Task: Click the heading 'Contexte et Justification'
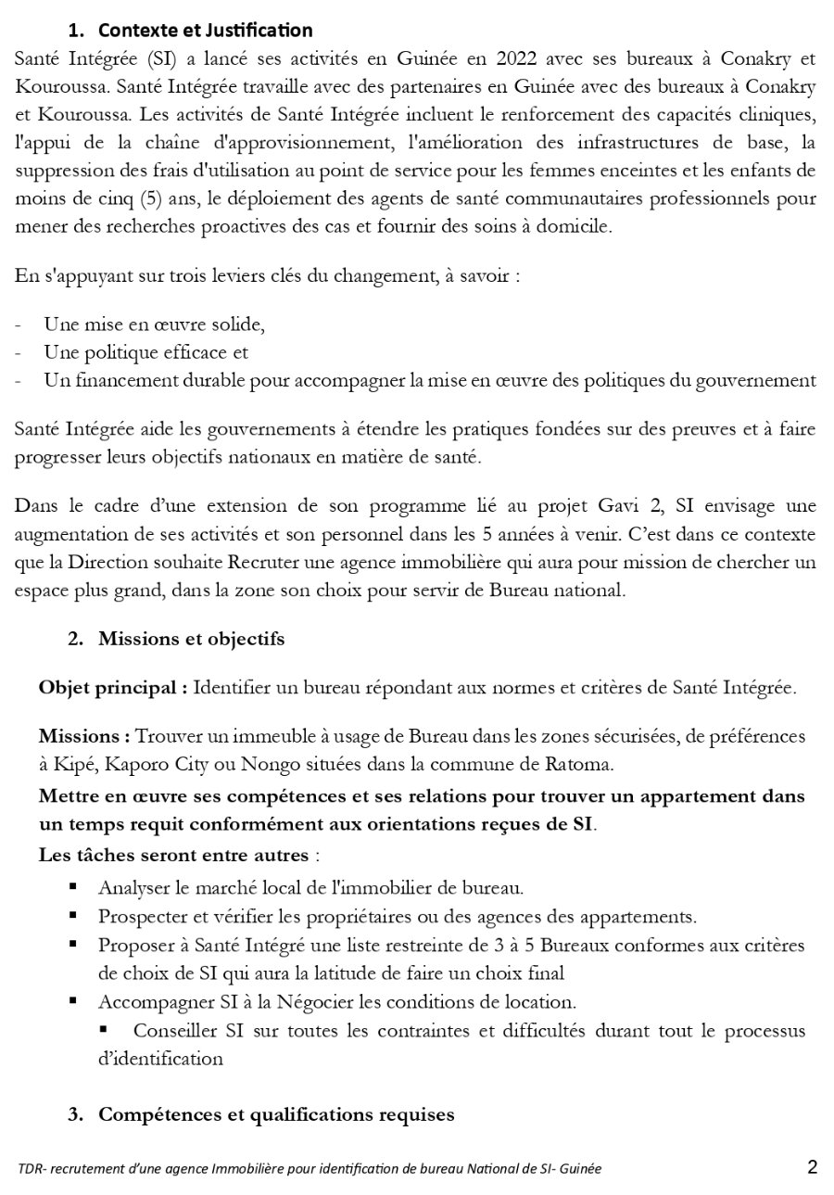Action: tap(205, 32)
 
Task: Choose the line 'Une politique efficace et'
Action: tap(145, 352)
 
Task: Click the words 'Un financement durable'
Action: tap(121, 380)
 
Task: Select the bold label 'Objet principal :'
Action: tap(113, 688)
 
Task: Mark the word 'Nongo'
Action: tap(266, 764)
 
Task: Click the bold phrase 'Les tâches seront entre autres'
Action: tap(173, 854)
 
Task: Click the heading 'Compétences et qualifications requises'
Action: tap(276, 1114)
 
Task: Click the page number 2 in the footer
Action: tap(812, 1167)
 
